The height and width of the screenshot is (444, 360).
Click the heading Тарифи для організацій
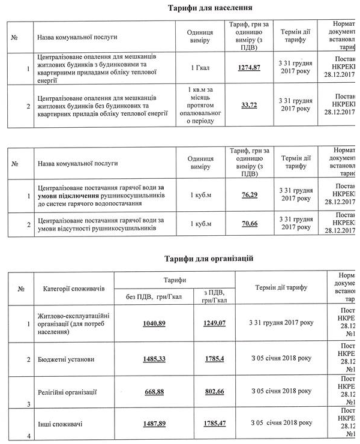click(209, 259)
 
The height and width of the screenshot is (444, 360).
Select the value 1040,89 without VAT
click(154, 323)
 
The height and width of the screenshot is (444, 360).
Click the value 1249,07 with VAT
click(215, 323)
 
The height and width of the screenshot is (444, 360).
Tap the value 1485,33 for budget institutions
click(154, 359)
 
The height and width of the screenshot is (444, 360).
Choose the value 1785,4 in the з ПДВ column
click(215, 359)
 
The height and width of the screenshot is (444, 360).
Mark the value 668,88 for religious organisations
click(154, 392)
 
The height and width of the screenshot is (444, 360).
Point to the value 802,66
click(215, 392)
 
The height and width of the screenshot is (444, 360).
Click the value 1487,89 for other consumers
click(154, 424)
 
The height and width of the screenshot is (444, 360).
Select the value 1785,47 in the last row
click(215, 424)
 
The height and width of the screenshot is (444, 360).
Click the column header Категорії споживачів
click(74, 289)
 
